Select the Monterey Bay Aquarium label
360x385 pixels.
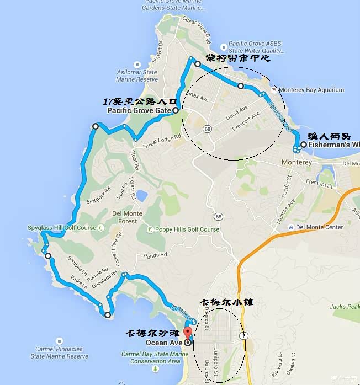[311, 90]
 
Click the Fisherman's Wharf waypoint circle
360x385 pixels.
[303, 145]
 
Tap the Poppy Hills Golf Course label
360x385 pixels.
[187, 229]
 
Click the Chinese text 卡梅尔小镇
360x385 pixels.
[226, 302]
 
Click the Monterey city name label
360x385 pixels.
[297, 163]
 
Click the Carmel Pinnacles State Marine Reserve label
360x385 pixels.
[59, 353]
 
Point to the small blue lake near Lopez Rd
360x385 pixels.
[141, 195]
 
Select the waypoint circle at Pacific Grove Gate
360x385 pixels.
[176, 110]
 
